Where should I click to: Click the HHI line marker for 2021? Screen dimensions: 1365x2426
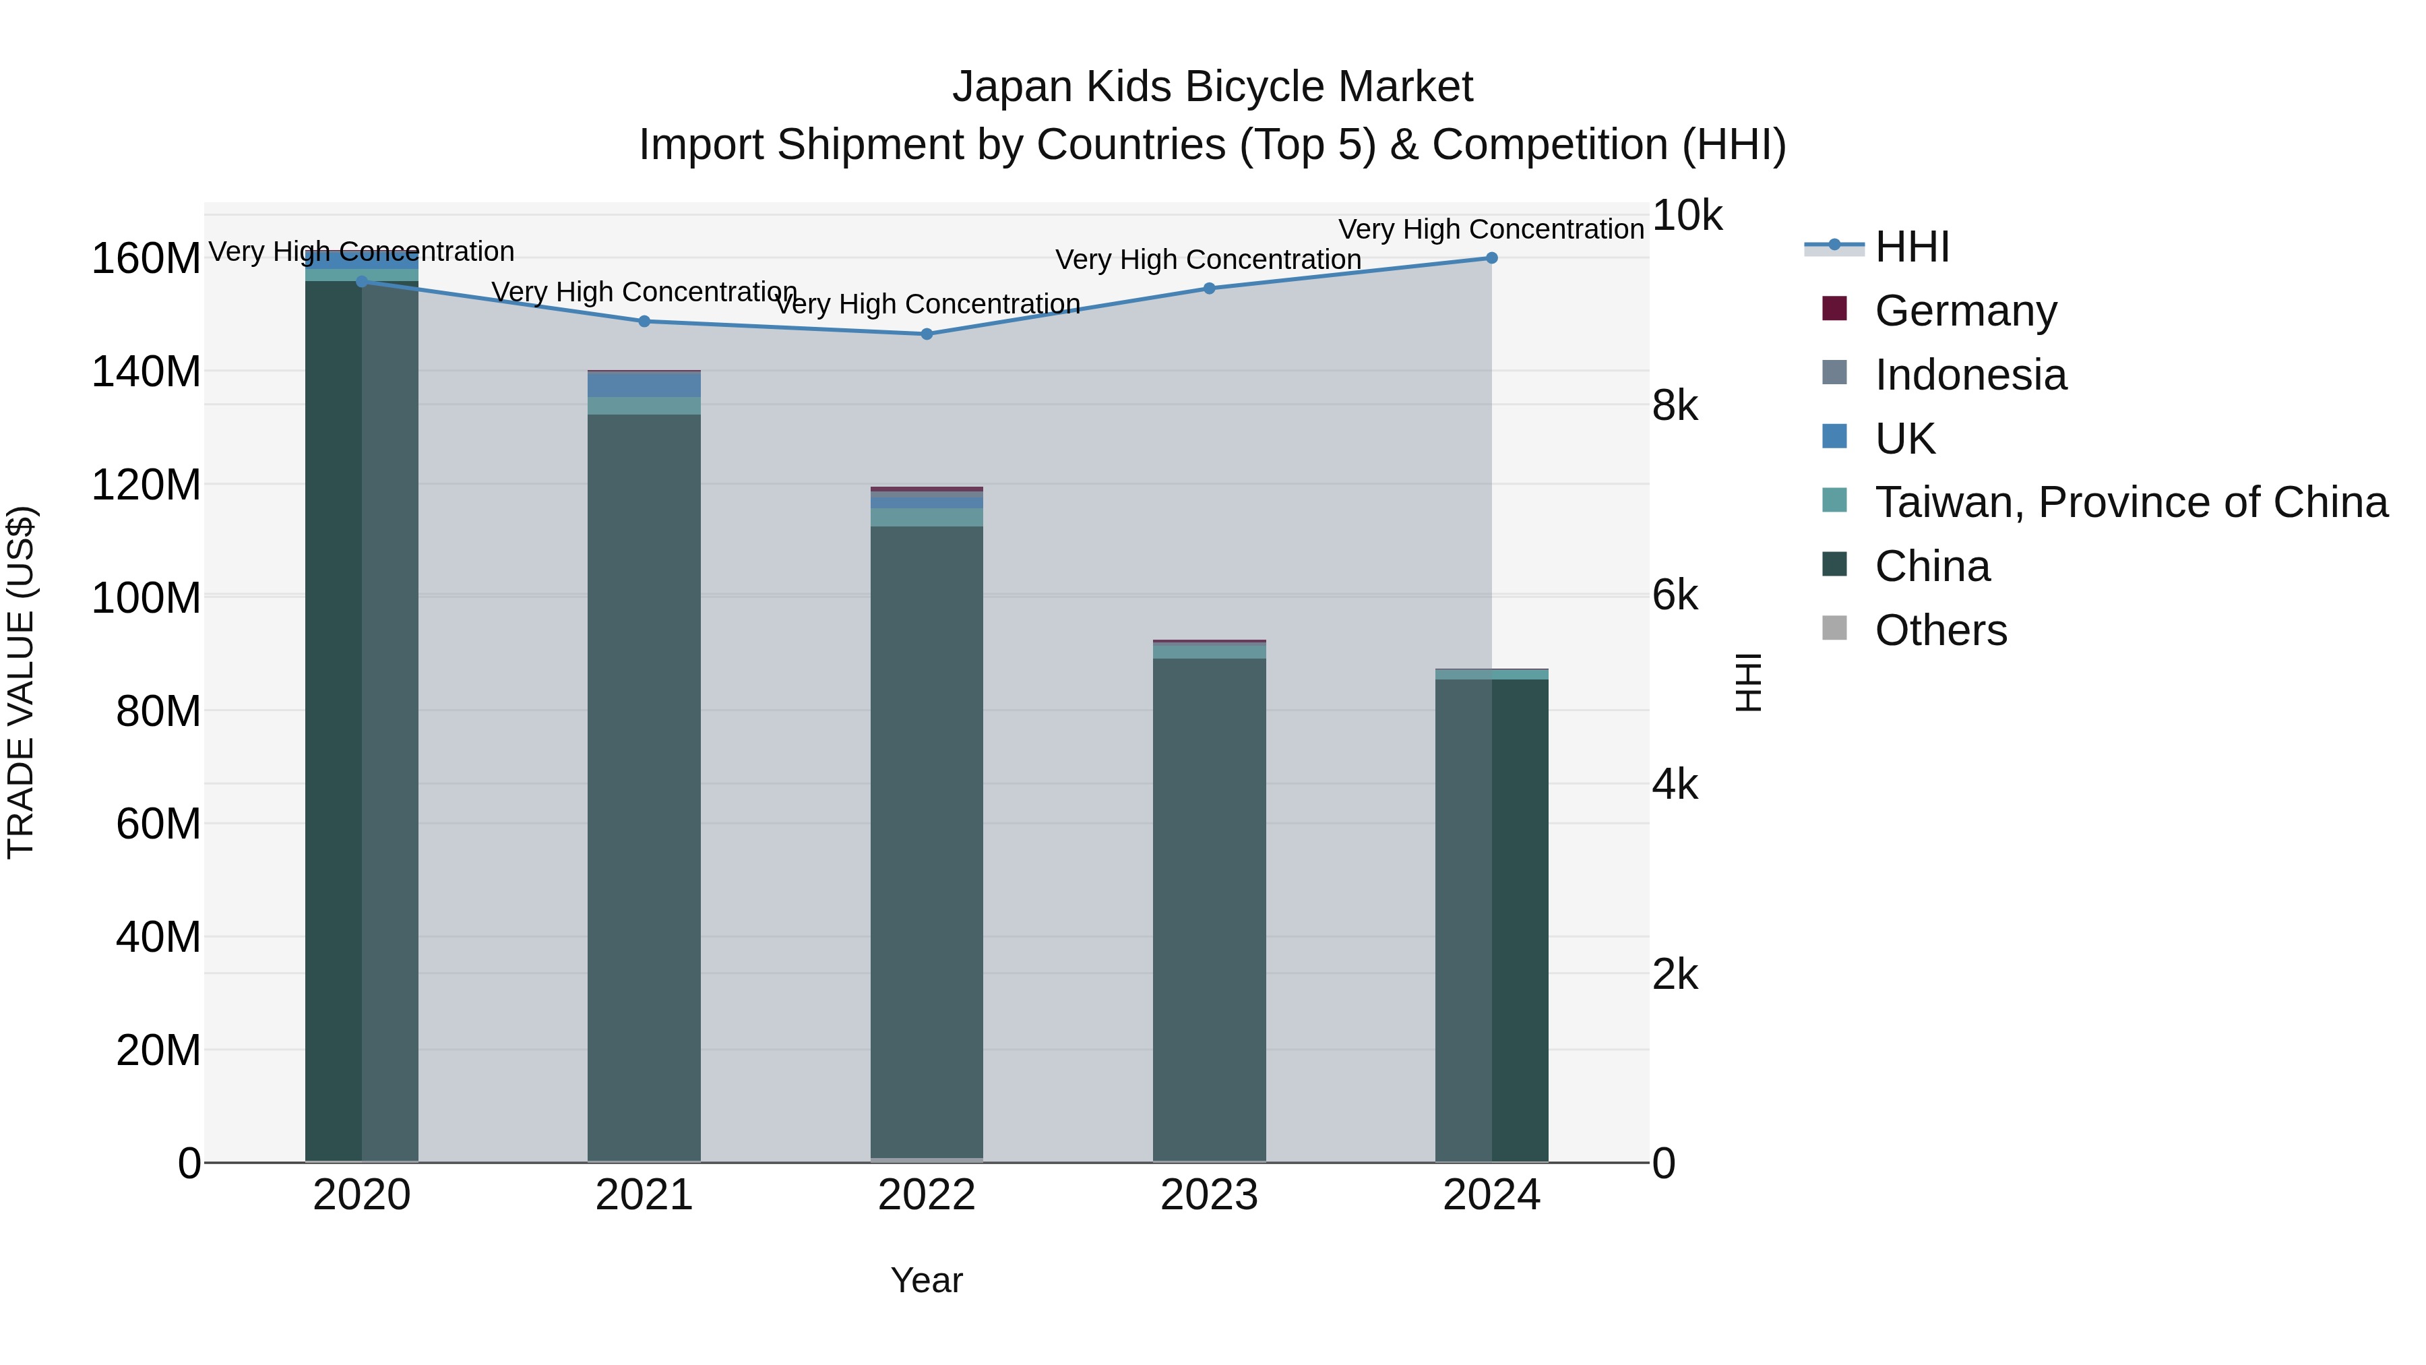coord(644,322)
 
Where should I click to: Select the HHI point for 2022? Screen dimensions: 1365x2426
coord(927,334)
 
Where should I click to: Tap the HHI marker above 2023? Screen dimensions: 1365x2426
coord(1209,289)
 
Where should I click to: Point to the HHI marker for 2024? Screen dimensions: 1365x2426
coord(1492,258)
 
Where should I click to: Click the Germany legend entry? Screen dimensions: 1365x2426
coord(1966,310)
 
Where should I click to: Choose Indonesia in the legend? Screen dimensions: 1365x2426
coord(1970,374)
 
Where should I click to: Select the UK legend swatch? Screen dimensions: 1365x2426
coord(1834,437)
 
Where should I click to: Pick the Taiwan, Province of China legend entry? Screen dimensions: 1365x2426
coord(2130,502)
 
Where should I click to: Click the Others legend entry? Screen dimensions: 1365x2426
coord(1940,630)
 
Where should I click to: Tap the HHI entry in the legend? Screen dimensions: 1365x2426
coord(1912,247)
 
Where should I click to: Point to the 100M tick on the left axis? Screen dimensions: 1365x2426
coord(146,598)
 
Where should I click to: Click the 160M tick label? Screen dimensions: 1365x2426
coord(146,258)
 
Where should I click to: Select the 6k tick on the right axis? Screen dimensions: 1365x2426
coord(1675,595)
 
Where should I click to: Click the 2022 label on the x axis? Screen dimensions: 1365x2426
coord(927,1194)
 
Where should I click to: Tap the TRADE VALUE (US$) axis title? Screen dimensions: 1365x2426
coord(21,682)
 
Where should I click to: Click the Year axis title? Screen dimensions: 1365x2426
coord(927,1280)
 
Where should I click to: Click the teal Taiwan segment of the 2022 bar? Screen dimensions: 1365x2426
coord(927,517)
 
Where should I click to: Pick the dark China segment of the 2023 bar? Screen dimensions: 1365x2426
coord(1209,905)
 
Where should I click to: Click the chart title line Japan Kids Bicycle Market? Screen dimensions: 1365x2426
coord(1212,87)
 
